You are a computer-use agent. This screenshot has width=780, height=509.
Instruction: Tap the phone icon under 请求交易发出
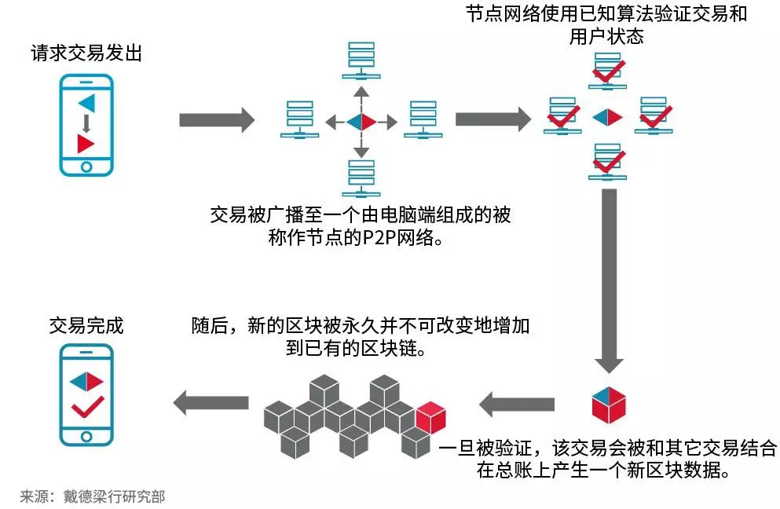pyautogui.click(x=86, y=125)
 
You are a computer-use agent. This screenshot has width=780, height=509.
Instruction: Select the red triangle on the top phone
pyautogui.click(x=86, y=144)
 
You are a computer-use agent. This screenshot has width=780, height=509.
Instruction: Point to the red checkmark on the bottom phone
pyautogui.click(x=86, y=408)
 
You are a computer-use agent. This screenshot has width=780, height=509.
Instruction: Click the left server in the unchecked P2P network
pyautogui.click(x=300, y=120)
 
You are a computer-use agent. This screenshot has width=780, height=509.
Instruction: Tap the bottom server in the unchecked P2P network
pyautogui.click(x=361, y=179)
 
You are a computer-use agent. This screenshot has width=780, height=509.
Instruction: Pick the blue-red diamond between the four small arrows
pyautogui.click(x=361, y=121)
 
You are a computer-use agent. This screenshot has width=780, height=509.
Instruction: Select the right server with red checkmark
pyautogui.click(x=654, y=116)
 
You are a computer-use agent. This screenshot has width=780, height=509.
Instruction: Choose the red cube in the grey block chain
pyautogui.click(x=430, y=416)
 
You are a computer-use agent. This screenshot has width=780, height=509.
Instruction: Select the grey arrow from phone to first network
pyautogui.click(x=217, y=120)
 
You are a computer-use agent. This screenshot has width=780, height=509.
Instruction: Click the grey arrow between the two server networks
pyautogui.click(x=493, y=119)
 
